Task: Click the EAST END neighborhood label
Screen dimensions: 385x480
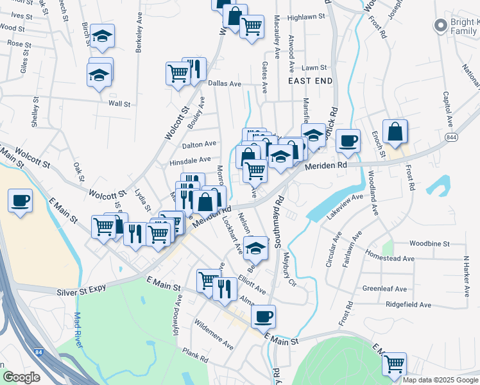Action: point(311,81)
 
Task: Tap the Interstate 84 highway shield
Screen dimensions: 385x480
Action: point(40,352)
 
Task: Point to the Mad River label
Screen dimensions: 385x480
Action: point(79,330)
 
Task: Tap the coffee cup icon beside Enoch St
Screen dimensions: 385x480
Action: point(348,141)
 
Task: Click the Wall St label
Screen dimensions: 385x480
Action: point(119,103)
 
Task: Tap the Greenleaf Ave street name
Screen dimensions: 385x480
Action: point(384,289)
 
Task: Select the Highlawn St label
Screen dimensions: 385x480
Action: point(307,18)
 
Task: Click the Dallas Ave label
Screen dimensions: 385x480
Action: point(224,84)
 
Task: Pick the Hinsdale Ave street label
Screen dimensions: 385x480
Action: point(190,160)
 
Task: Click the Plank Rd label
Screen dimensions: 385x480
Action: point(196,354)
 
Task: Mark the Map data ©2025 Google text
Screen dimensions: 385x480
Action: point(440,380)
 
